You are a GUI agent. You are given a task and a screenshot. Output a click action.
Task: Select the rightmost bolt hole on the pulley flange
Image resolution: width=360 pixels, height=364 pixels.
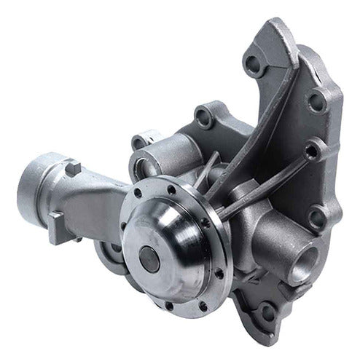(219, 273)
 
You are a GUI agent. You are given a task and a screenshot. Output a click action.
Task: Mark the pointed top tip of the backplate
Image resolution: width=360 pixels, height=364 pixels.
(281, 25)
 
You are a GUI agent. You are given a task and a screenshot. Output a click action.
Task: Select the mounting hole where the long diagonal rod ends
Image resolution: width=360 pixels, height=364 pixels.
(312, 152)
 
